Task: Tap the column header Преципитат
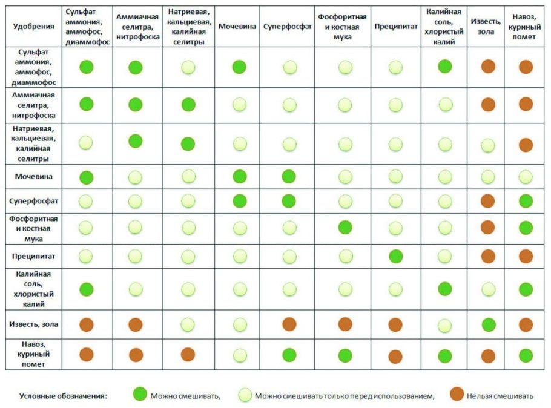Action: pos(395,27)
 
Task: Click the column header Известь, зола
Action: pos(488,27)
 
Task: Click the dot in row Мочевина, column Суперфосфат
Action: pos(289,177)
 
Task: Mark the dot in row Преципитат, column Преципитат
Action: pos(395,256)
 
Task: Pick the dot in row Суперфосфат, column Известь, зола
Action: pos(488,200)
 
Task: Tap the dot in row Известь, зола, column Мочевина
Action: pos(239,324)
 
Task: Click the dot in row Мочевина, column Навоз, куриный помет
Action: pos(526,177)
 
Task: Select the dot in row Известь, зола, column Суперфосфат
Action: pos(289,324)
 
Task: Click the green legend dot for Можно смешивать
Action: pos(140,395)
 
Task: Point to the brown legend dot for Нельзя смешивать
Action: pos(457,395)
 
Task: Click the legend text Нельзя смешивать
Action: pos(500,396)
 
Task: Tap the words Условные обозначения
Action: pos(63,396)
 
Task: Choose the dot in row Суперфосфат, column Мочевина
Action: pos(239,200)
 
